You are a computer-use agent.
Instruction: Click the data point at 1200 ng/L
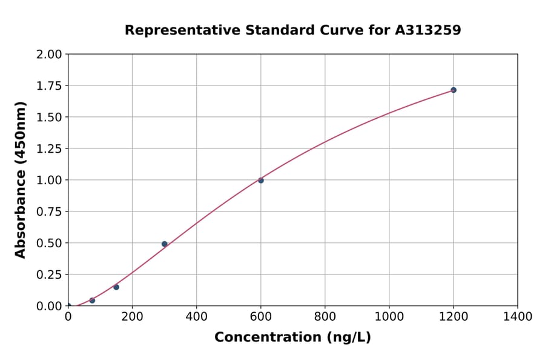tap(454, 90)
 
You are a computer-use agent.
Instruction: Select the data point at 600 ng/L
tap(261, 180)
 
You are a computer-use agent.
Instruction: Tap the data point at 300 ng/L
tap(165, 244)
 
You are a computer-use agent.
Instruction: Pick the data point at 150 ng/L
tap(116, 287)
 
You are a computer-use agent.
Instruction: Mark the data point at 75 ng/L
tap(92, 300)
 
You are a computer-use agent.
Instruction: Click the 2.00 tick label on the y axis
tap(49, 55)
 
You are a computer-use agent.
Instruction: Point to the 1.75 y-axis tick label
tap(49, 86)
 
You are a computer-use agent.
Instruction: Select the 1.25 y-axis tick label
tap(49, 149)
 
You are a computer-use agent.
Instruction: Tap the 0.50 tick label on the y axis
tap(49, 243)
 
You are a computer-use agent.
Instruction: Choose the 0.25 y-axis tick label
tap(49, 275)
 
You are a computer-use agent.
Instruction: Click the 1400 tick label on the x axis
tap(518, 316)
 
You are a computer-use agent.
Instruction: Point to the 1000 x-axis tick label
tap(389, 316)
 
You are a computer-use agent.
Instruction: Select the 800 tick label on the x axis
tap(325, 316)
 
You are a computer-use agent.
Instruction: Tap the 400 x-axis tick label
tap(197, 316)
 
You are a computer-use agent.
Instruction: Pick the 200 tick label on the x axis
tap(133, 316)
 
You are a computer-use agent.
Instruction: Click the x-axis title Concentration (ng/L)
tap(292, 337)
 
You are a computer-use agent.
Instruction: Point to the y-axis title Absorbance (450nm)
tap(21, 180)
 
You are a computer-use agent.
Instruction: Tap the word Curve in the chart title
tap(305, 30)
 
